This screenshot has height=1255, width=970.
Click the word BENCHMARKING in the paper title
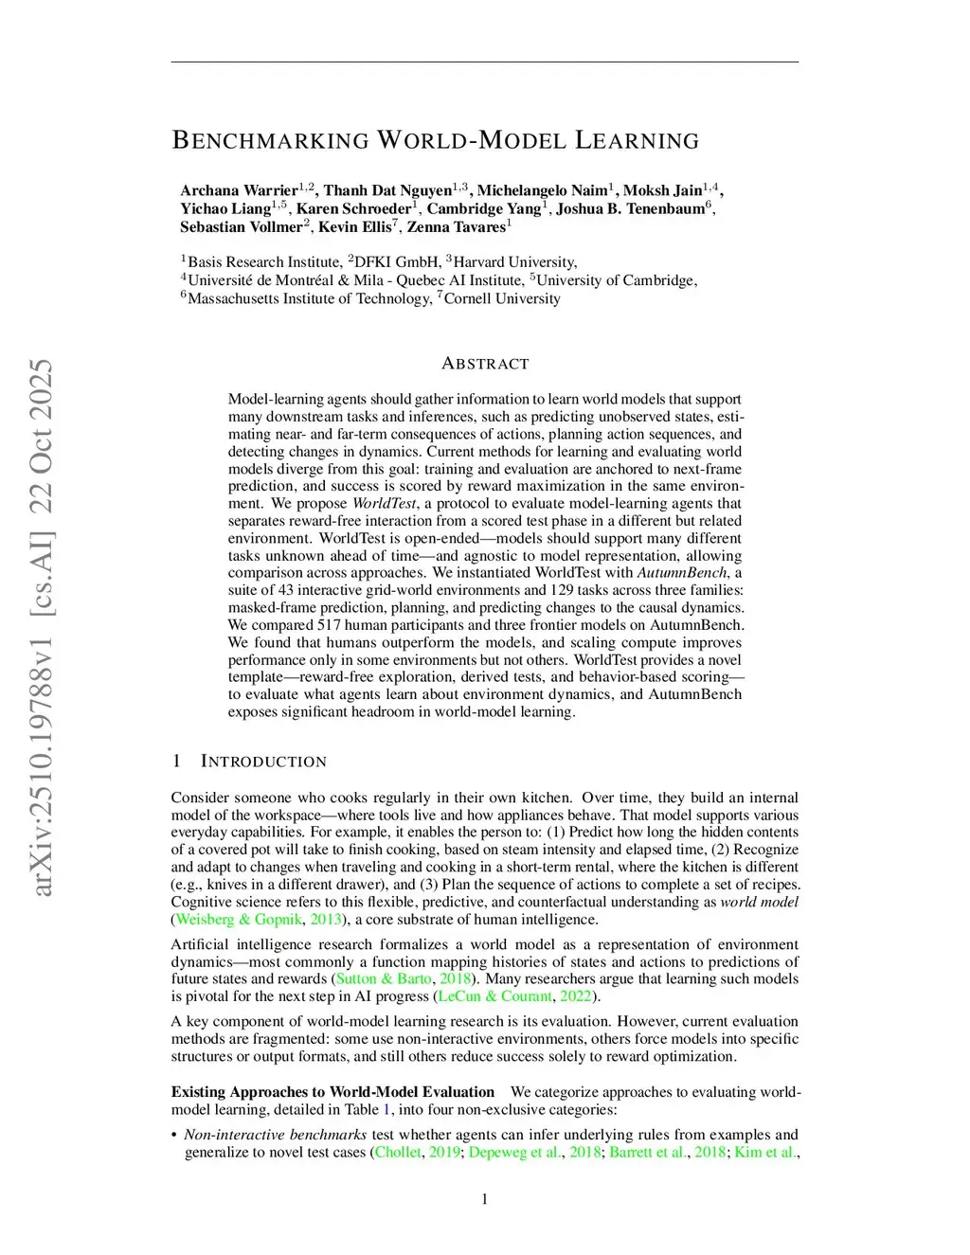click(x=270, y=141)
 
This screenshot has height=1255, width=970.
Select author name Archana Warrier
click(x=239, y=190)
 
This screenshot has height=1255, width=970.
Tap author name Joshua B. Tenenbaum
click(x=631, y=208)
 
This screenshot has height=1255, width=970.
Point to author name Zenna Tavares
click(x=456, y=227)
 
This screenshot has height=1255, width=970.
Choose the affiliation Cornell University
click(x=502, y=299)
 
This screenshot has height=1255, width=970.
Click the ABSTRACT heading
click(x=485, y=364)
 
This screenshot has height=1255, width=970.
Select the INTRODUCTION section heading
click(x=263, y=762)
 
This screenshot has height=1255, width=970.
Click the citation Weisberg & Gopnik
click(x=240, y=919)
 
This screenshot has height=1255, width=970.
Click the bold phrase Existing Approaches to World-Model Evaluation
click(x=332, y=1091)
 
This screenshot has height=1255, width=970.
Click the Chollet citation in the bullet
click(x=398, y=1152)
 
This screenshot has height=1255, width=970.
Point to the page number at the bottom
click(x=485, y=1199)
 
